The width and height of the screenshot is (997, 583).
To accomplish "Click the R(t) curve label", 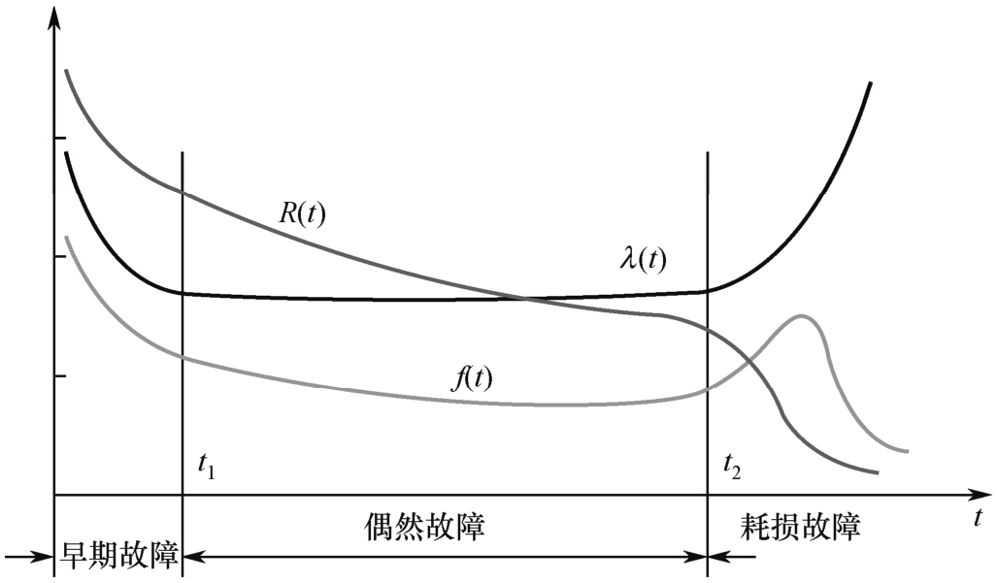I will pos(302,214).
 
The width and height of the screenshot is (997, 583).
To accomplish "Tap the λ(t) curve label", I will pos(644,259).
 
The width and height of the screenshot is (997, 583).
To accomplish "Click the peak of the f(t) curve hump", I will pos(802,315).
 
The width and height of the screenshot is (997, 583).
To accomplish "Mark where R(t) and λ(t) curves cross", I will pos(526,298).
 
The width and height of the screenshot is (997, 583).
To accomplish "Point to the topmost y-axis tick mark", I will pos(60,139).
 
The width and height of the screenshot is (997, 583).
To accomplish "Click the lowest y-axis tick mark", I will pos(60,375).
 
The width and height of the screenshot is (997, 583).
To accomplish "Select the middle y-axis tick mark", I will pos(60,257).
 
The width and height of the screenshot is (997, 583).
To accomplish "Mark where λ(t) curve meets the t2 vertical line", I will pos(708,289).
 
